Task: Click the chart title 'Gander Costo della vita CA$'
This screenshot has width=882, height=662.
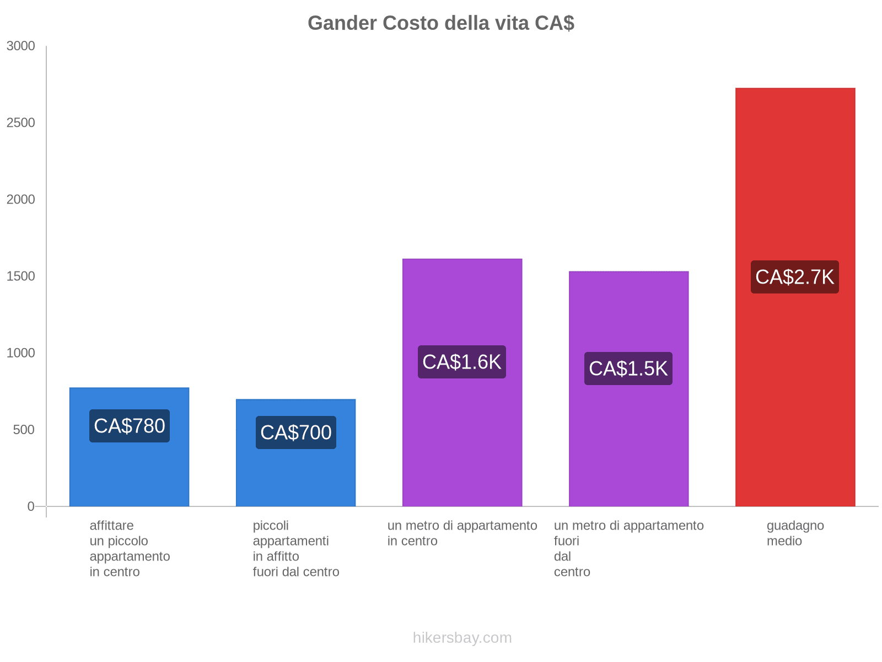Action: tap(441, 23)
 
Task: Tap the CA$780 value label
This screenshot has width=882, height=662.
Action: tap(130, 426)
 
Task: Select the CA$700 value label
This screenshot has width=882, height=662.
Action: tap(296, 433)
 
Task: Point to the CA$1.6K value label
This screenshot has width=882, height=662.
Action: tap(462, 362)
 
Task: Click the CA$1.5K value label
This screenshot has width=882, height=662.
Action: tap(628, 369)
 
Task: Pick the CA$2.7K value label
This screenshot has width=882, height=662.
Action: tap(795, 277)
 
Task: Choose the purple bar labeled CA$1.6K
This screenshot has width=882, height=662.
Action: tap(462, 441)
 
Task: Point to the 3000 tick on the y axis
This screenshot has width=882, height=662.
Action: tap(21, 46)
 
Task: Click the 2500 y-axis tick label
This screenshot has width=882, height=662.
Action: tap(21, 123)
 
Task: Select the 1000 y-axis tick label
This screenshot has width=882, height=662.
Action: tap(21, 353)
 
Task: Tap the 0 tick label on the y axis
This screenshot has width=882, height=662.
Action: tap(31, 506)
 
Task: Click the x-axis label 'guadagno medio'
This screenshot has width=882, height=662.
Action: tap(795, 533)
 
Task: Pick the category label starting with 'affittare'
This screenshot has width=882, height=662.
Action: tap(130, 548)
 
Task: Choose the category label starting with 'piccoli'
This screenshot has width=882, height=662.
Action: tap(296, 548)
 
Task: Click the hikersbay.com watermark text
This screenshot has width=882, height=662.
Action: tap(462, 638)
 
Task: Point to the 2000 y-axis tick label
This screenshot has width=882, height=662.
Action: tap(21, 200)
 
